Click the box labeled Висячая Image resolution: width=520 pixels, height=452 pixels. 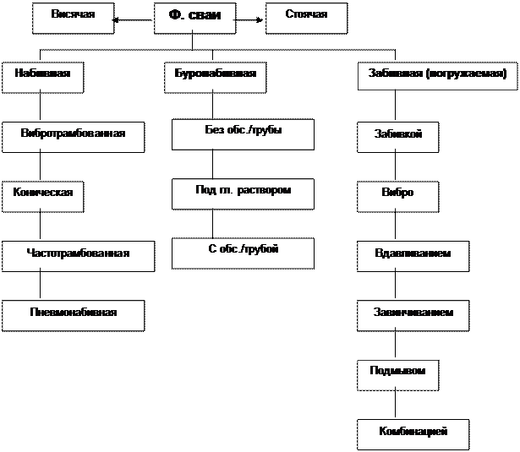[x=73, y=18]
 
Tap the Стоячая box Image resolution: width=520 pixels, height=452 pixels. [x=307, y=18]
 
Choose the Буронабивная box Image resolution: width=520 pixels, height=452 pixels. [x=210, y=76]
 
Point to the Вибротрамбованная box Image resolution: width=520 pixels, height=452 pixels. [x=74, y=136]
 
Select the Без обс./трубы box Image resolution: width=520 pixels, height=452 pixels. [x=243, y=133]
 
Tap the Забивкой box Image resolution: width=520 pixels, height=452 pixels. [x=397, y=137]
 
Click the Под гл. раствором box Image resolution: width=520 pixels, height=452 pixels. [x=243, y=193]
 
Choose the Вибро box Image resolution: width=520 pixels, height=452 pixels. [x=397, y=195]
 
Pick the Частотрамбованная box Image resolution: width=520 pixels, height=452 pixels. [x=78, y=255]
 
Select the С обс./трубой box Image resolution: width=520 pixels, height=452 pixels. [x=243, y=252]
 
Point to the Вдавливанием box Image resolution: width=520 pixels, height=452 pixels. [x=413, y=255]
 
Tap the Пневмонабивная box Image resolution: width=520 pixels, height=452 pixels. [x=73, y=314]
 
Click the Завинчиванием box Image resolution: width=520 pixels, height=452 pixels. [x=413, y=314]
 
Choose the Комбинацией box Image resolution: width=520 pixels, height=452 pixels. [x=413, y=433]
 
